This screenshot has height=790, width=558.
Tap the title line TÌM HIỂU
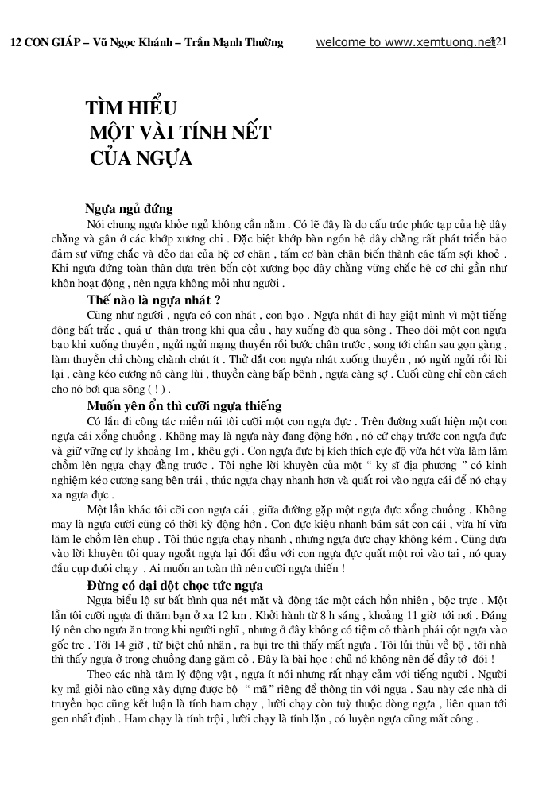click(131, 109)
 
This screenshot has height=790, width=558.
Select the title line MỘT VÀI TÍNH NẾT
click(180, 133)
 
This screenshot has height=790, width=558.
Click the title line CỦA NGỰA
click(141, 157)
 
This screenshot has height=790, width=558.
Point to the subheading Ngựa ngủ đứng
click(130, 210)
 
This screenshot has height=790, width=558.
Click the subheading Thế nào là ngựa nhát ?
click(153, 300)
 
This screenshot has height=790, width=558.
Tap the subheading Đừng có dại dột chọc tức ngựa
click(174, 586)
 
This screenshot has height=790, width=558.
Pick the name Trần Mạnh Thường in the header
click(234, 43)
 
